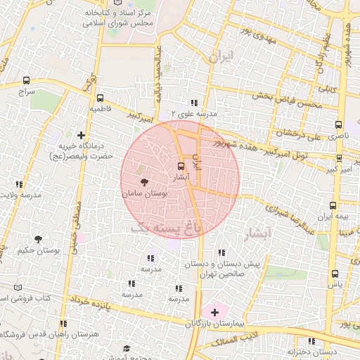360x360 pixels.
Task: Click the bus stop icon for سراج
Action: point(27,80)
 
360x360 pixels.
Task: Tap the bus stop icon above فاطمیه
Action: point(100,98)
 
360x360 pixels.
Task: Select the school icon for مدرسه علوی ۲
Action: point(194,103)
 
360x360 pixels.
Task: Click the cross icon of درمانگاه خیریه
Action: point(82,135)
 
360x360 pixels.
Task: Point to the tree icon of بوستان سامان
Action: point(143,181)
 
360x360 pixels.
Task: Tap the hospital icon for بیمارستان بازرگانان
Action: point(214,311)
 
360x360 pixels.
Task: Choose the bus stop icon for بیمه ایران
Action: point(333,205)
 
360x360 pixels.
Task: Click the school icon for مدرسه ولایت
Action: point(19,184)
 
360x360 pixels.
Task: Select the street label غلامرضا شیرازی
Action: point(289,212)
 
